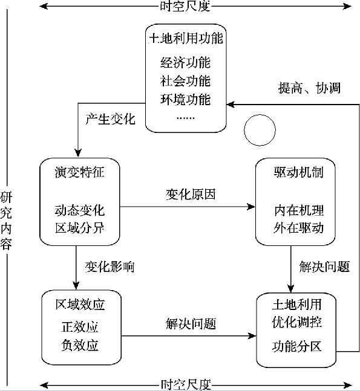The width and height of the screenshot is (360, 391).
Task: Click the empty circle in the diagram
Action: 260,115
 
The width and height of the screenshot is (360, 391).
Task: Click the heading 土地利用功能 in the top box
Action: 186,39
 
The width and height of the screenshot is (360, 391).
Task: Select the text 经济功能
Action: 185,62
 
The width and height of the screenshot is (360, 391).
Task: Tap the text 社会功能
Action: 185,81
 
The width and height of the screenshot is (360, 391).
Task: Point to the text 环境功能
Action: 185,99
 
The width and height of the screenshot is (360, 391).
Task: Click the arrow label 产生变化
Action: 110,119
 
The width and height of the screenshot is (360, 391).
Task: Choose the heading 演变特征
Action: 79,172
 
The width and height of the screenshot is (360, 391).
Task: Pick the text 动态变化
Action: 79,210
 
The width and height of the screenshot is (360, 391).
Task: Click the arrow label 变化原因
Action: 191,194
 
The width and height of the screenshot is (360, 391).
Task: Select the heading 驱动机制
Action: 298,172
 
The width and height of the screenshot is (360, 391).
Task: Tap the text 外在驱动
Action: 298,228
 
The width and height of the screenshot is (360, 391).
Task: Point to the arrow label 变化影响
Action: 110,267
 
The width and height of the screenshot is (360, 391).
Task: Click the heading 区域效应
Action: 80,305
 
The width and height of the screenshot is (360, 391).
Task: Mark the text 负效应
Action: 80,345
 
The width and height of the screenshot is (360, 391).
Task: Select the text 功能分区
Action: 296,346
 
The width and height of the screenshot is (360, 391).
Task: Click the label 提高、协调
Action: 309,88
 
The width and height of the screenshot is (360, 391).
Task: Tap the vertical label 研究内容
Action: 6,221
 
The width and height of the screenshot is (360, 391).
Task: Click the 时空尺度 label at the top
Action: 185,6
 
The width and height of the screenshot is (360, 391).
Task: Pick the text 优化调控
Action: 296,322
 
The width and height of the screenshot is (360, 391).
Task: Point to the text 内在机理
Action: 299,210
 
